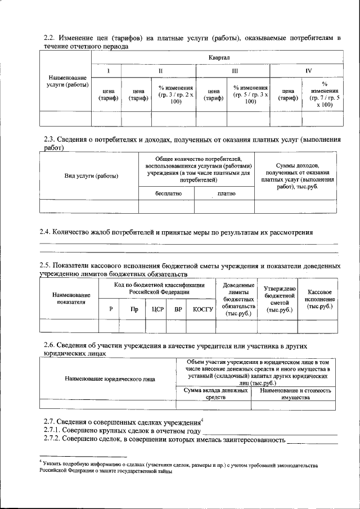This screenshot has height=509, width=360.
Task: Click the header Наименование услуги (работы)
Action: coord(67,81)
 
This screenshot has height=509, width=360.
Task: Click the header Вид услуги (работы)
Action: coord(91,176)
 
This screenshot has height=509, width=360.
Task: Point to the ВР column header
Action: coord(178,309)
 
